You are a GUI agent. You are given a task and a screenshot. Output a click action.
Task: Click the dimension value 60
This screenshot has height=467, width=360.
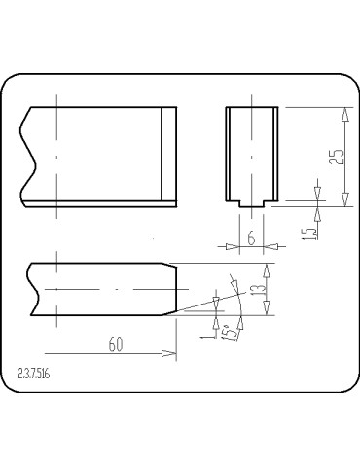pos(115,344)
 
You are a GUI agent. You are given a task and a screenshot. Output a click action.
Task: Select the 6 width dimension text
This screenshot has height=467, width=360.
pos(251,236)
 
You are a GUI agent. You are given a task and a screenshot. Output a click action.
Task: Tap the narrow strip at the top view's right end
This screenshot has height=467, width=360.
pos(169,156)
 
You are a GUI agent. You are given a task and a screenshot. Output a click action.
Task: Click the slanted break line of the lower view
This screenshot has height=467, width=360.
pos(32,289)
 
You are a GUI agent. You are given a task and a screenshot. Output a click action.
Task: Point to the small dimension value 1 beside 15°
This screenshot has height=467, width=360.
pos(201,336)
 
